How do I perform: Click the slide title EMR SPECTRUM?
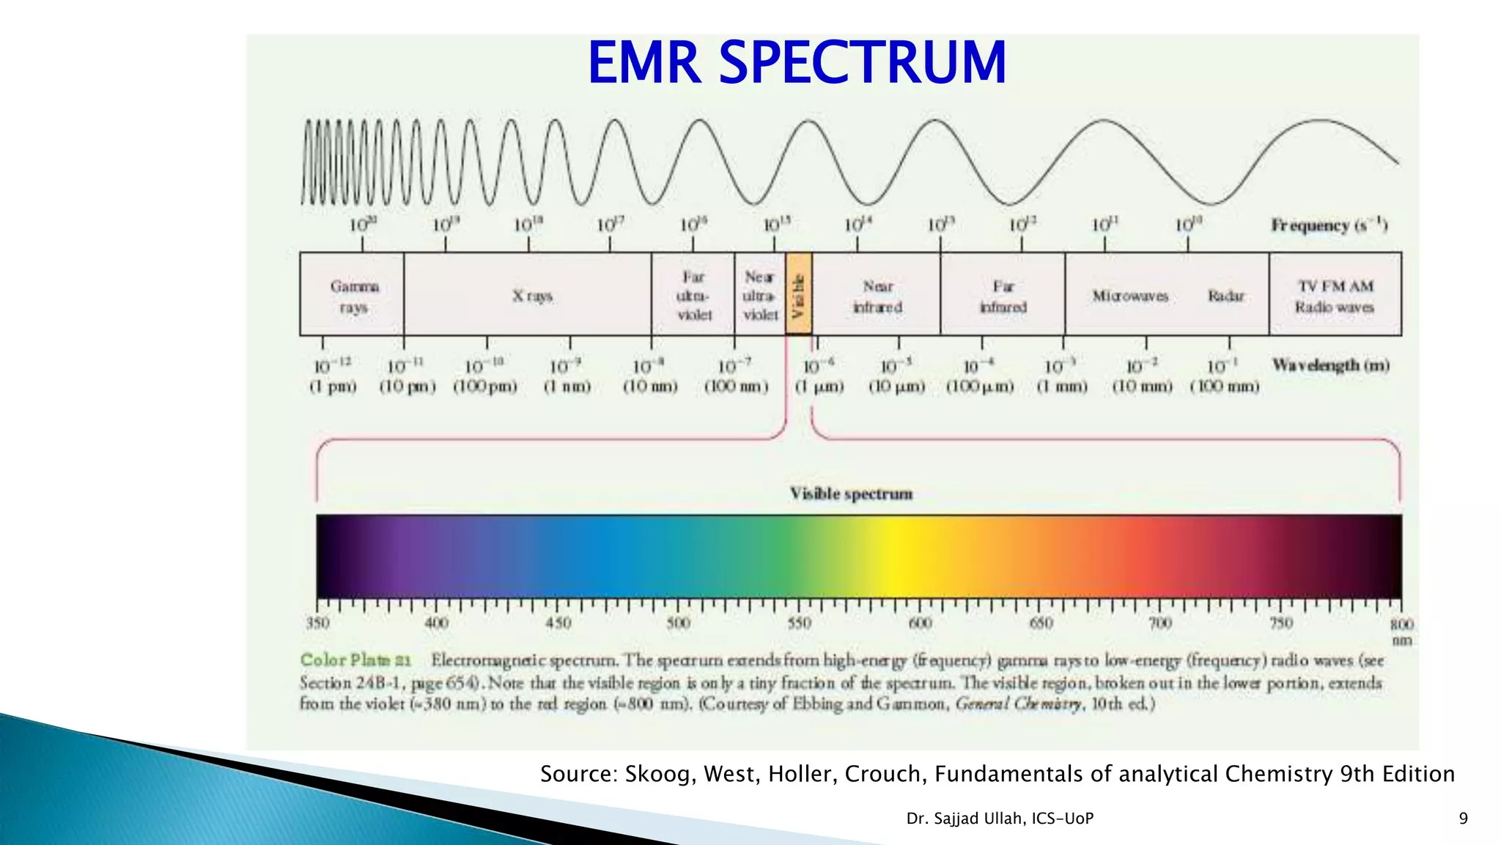797,63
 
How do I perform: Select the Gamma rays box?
353,295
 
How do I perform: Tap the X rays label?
532,296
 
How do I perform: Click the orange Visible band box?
799,294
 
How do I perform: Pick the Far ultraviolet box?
693,295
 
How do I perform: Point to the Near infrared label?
877,296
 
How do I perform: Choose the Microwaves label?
1129,296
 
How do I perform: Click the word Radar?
1225,296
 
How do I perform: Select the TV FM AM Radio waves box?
1335,296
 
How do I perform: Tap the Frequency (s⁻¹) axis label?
1329,225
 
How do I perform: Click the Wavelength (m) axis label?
1330,365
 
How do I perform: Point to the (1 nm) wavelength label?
567,387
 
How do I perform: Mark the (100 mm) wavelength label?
1224,387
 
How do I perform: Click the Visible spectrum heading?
851,494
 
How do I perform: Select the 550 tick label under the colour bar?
799,623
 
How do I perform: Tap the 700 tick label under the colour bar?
1160,623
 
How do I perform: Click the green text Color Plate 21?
356,660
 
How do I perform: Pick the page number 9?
1463,819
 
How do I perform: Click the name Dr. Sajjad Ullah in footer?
965,819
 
